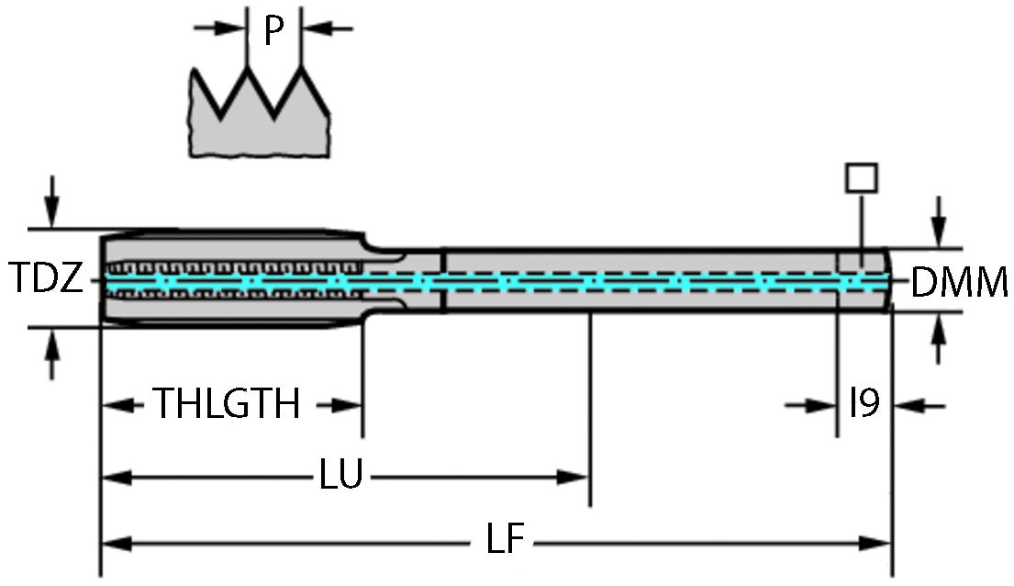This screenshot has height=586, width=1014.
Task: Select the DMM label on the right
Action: coord(959,284)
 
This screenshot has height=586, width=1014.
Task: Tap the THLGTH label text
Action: coord(226,404)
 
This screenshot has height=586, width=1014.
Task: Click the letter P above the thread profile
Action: coord(273,31)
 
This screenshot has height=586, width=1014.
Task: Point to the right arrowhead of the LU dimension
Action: coord(574,477)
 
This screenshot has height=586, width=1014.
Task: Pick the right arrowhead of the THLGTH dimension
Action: coord(349,405)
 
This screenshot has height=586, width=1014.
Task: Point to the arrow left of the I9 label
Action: coord(822,405)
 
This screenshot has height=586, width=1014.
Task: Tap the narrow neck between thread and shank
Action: coord(404,279)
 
